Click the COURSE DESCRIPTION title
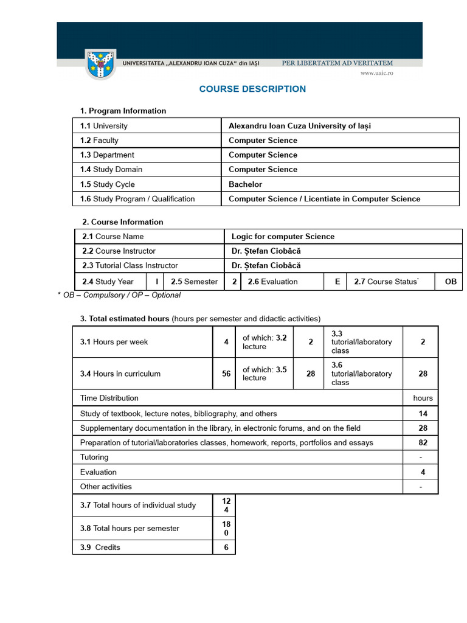coord(252,89)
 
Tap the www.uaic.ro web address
coord(376,73)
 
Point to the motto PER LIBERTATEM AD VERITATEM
coord(337,63)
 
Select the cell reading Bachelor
coord(246,184)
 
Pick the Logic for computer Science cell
coord(283,237)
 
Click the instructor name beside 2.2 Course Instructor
coord(266,251)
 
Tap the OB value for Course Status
coord(451,282)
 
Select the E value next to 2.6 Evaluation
coord(336,282)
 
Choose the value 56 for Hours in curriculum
coord(226,374)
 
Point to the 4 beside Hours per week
coord(226,342)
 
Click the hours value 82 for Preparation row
coord(423,443)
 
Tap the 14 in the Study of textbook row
coord(423,414)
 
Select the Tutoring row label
coord(94,458)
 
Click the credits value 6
coord(226,548)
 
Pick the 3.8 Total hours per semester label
coord(130,529)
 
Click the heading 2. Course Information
coord(123,222)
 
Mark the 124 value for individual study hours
coord(226,505)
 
